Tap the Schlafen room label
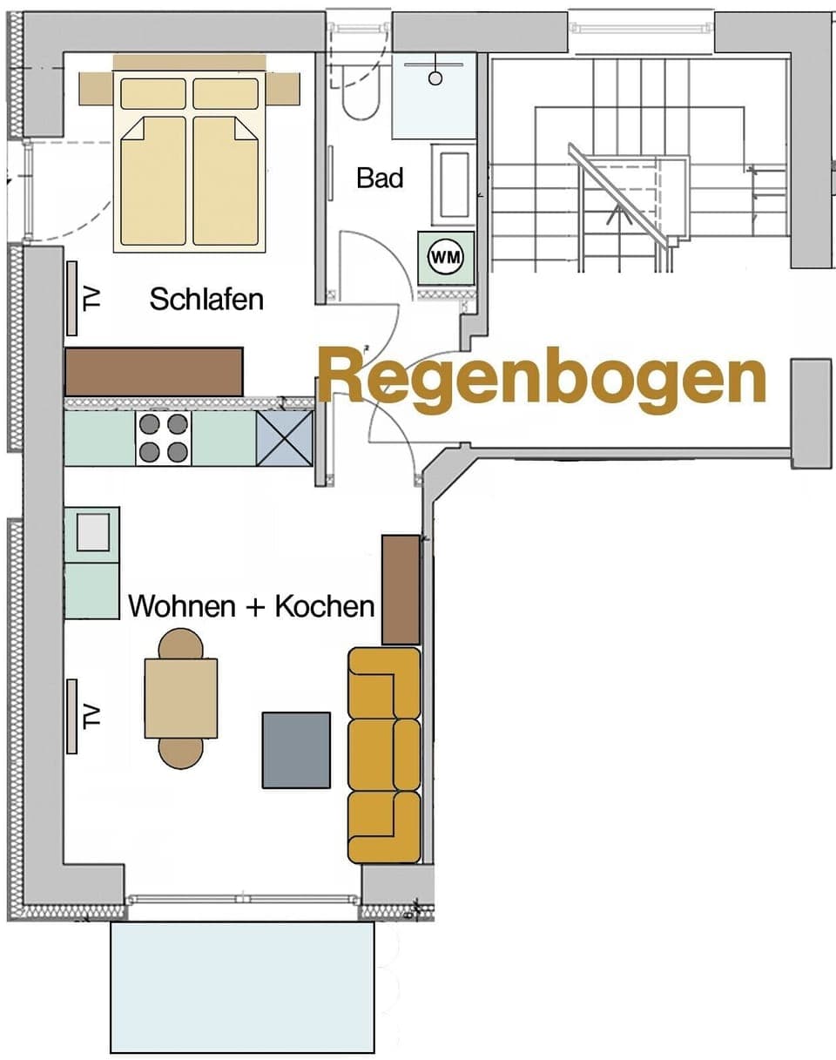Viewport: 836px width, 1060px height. coord(206,299)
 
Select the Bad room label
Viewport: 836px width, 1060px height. coord(380,178)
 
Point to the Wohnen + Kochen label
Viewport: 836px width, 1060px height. coord(252,605)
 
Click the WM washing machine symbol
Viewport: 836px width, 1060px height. coord(446,257)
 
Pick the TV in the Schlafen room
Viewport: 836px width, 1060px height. coord(72,298)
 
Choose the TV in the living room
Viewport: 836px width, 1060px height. coord(72,716)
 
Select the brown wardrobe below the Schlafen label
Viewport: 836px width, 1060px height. coord(153,371)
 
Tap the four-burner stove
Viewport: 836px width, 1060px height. coord(164,438)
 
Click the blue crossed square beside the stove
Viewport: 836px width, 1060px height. coord(284,438)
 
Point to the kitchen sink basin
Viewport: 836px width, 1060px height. coord(92,532)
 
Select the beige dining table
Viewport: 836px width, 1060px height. coord(181,699)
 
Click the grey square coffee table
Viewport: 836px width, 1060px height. coord(297,750)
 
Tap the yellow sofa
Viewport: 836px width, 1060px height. coord(384,755)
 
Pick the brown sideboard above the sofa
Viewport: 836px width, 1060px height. coord(401,590)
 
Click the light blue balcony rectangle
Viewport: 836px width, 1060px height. coord(242,986)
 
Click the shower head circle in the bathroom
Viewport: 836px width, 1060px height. coord(435,78)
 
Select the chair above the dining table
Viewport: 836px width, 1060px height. coord(181,645)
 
